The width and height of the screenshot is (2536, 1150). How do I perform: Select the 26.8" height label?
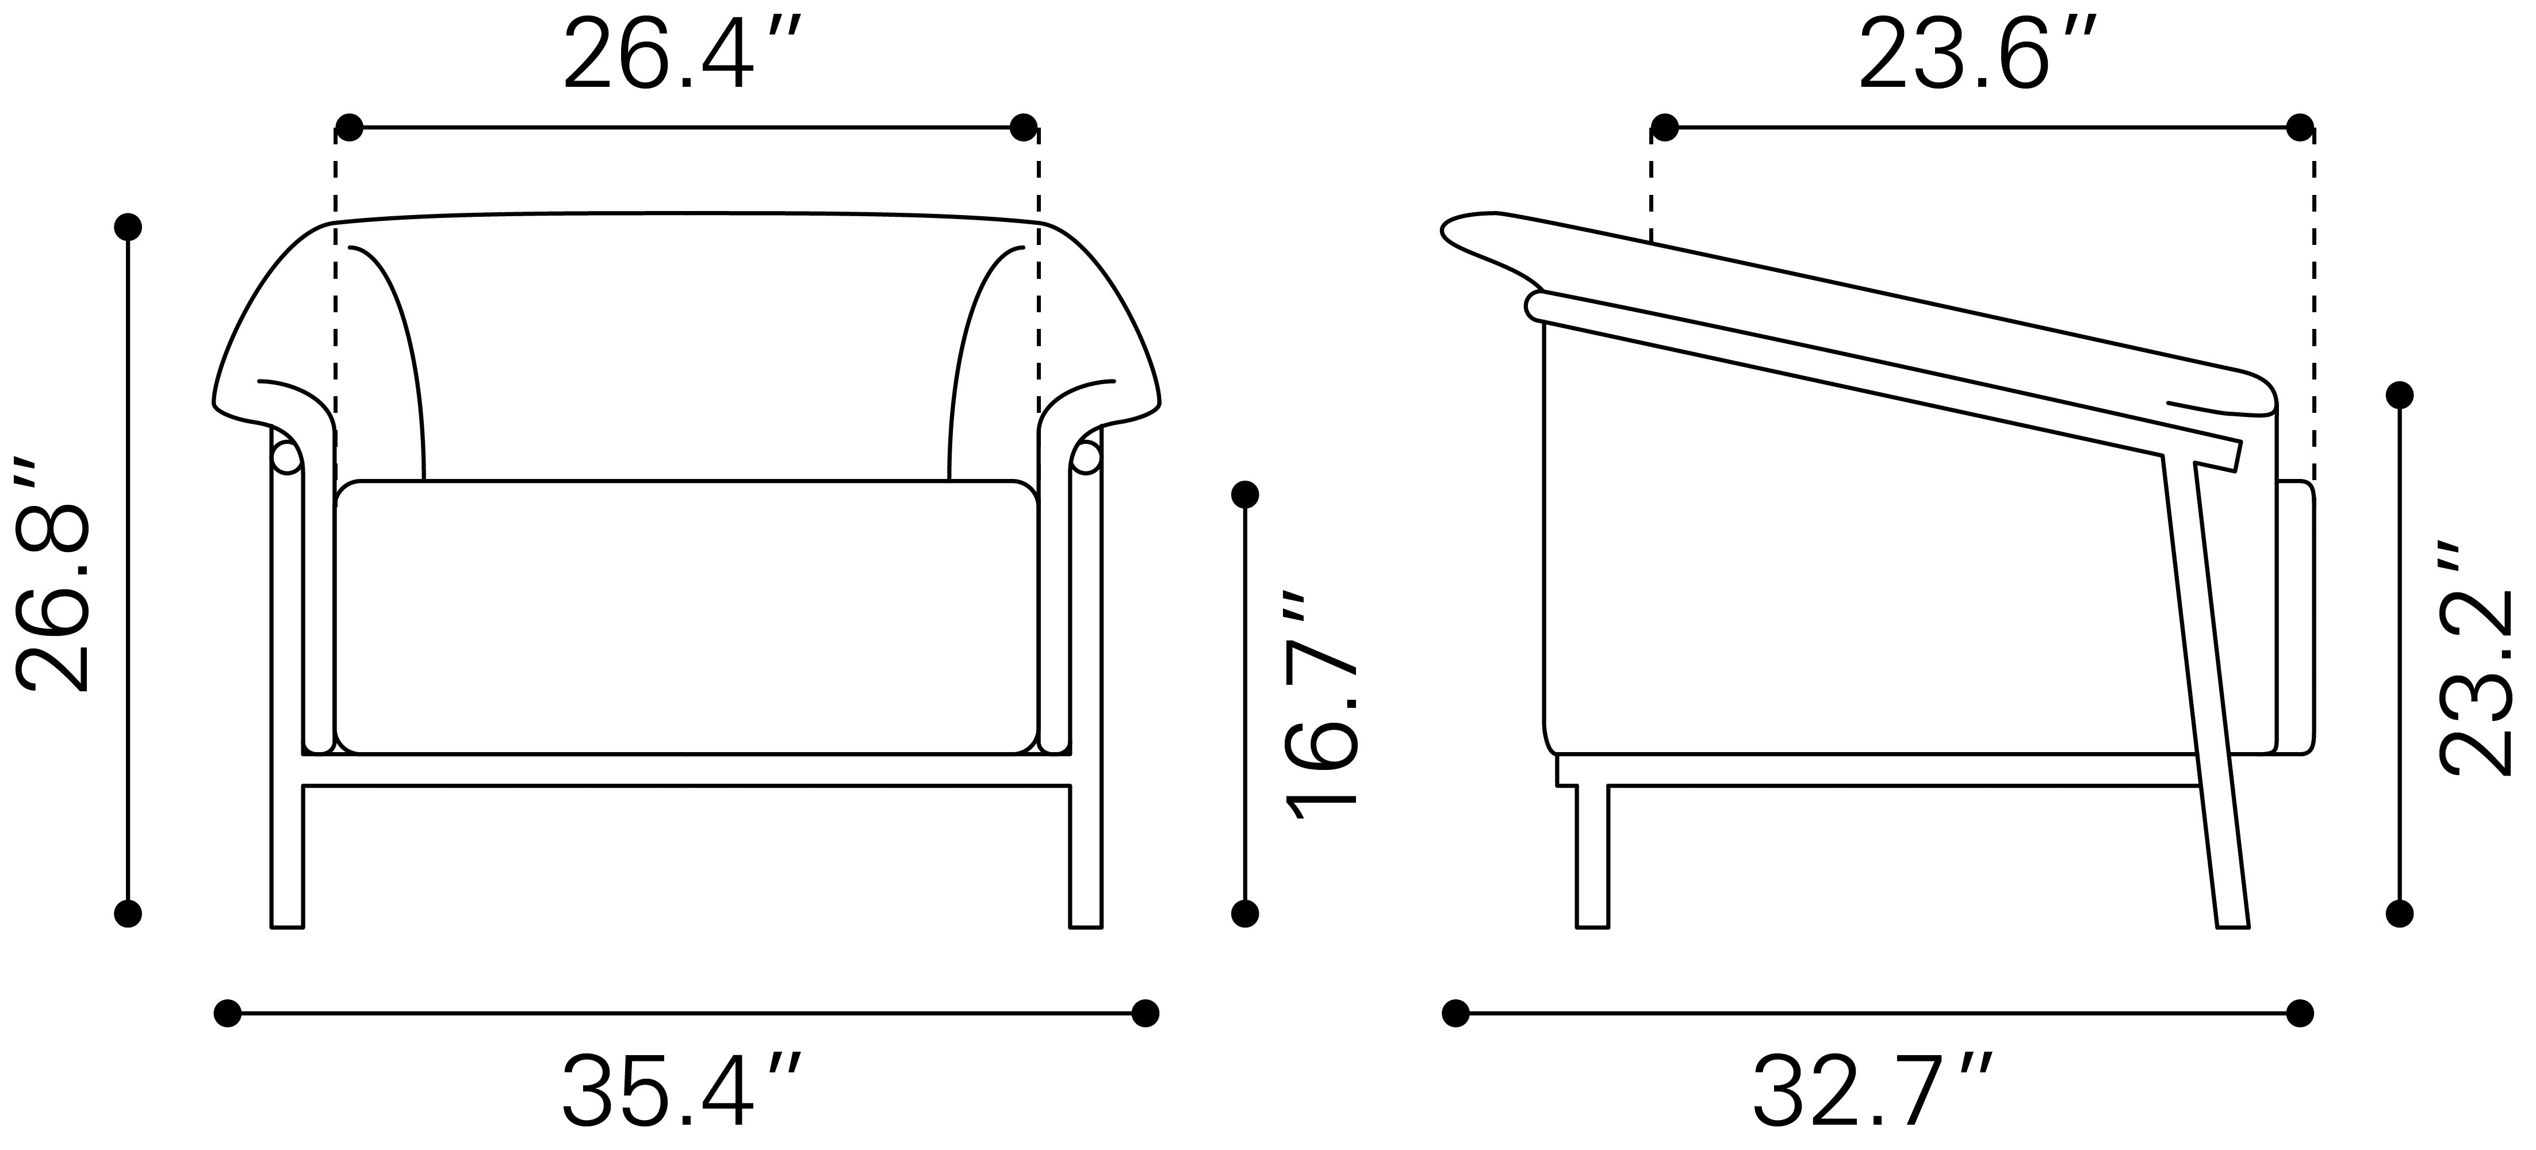(x=54, y=574)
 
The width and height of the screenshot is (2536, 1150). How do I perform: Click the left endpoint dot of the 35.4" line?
(x=227, y=1013)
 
